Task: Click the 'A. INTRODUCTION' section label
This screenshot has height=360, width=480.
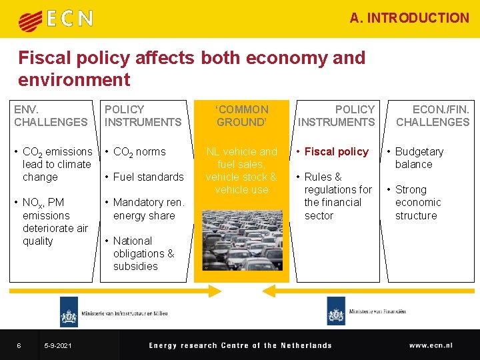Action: pos(409,18)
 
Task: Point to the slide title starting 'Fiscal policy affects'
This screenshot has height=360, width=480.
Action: pos(191,69)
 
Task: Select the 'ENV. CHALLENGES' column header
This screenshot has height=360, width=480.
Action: pos(51,115)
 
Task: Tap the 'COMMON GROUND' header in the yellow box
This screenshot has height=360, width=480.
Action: pos(241,115)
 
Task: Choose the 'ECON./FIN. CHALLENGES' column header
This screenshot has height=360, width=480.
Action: pos(433,115)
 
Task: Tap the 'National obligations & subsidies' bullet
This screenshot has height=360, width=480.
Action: pos(143,253)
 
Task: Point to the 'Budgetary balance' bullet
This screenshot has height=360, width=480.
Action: pos(419,158)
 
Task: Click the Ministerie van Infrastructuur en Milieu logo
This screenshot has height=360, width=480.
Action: pos(113,313)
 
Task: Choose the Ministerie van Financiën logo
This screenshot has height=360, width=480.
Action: pos(367,312)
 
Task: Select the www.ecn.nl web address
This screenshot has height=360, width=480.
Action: pos(431,345)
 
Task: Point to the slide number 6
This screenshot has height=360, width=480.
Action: pos(19,345)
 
